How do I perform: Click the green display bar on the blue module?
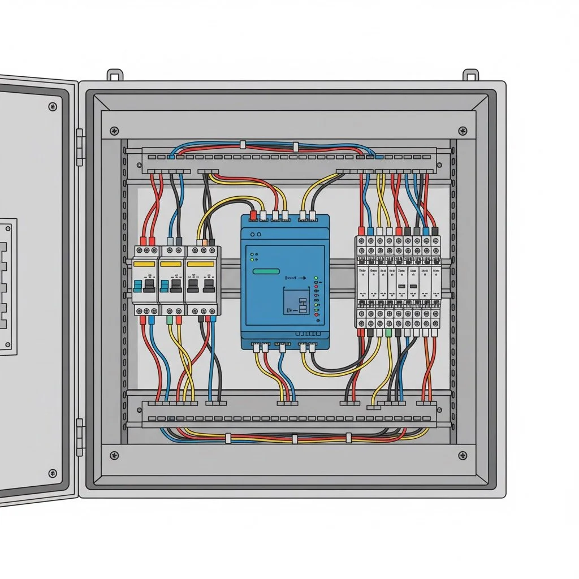point(267,271)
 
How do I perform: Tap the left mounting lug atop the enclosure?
point(115,75)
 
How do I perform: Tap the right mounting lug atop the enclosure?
point(471,75)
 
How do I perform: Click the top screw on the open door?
point(53,106)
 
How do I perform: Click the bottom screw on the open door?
point(53,473)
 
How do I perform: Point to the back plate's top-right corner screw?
point(463,131)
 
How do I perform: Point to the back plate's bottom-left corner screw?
point(114,455)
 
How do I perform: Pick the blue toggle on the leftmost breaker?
point(137,284)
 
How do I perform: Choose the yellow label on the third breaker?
point(201,263)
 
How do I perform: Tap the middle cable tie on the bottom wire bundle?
point(295,438)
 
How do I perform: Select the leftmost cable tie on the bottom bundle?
point(227,438)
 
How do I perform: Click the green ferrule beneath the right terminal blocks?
point(388,333)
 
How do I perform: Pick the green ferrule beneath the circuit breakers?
point(170,319)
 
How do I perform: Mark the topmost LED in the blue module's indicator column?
point(316,279)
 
